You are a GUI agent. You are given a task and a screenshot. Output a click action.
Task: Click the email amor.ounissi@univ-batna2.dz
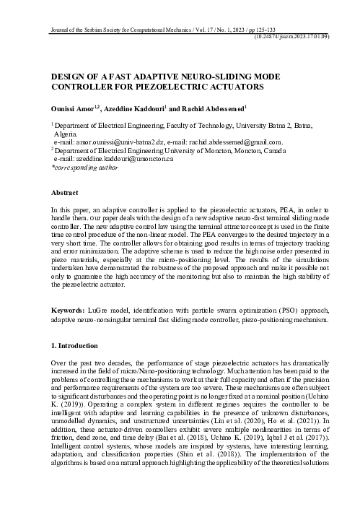pyautogui.click(x=117, y=142)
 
